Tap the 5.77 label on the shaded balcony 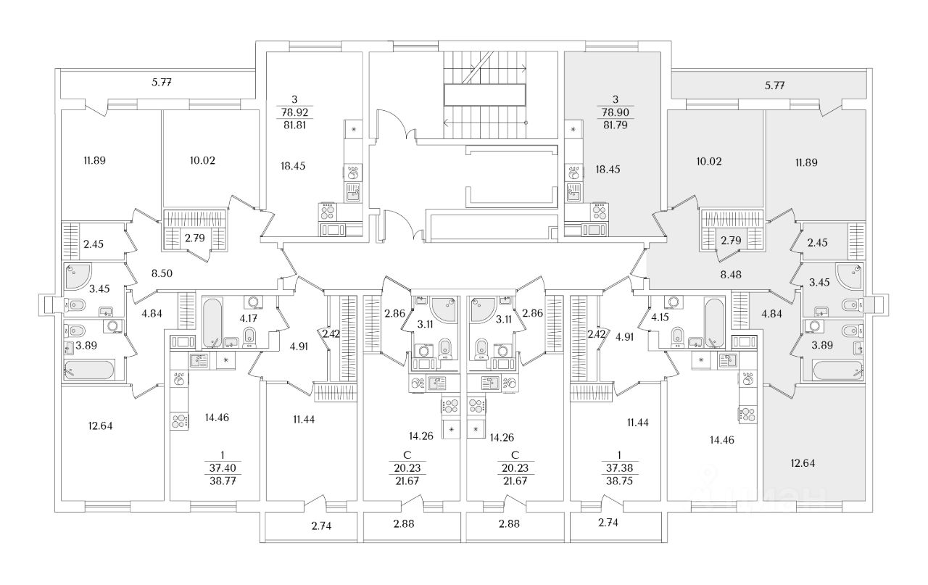point(776,86)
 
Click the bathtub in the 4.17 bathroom point(212,323)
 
